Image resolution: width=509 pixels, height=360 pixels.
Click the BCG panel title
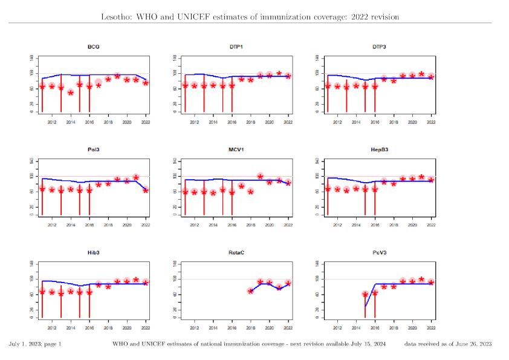(x=94, y=47)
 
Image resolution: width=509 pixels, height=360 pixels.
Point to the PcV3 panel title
(x=379, y=252)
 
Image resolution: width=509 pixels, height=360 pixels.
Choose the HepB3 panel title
(x=379, y=149)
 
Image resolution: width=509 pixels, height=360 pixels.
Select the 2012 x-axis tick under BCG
(x=51, y=122)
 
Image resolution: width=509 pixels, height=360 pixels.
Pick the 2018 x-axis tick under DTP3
(x=394, y=122)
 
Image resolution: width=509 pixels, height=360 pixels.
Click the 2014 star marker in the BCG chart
(x=71, y=93)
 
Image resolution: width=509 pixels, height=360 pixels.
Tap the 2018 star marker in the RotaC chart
(x=251, y=291)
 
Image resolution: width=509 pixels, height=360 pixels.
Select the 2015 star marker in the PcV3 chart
(x=365, y=294)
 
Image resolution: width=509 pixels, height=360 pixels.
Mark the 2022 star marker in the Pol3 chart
(x=146, y=190)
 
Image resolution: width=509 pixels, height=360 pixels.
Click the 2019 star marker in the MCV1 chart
(x=261, y=177)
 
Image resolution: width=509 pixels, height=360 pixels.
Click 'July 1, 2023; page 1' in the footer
(x=35, y=344)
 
